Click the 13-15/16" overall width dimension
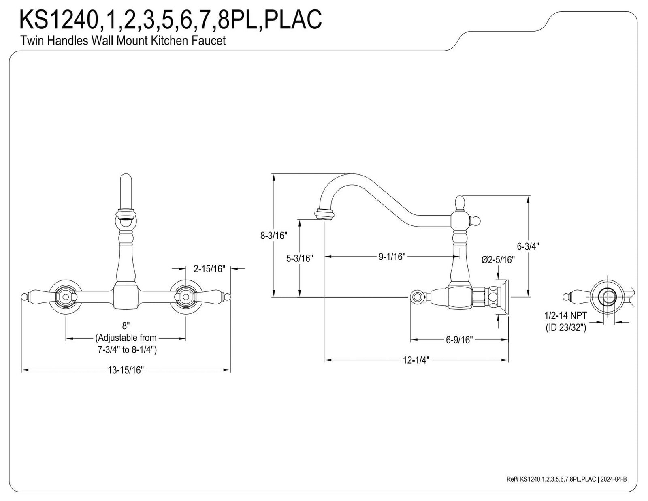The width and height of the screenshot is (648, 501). pyautogui.click(x=126, y=370)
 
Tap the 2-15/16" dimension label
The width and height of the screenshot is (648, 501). pyautogui.click(x=209, y=269)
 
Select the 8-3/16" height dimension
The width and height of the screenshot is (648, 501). pyautogui.click(x=273, y=236)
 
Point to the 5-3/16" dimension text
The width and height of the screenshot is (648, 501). pyautogui.click(x=299, y=258)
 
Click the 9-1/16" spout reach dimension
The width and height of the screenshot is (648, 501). pyautogui.click(x=392, y=256)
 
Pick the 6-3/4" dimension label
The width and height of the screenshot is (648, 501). pyautogui.click(x=528, y=246)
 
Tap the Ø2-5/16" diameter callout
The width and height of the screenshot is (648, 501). pyautogui.click(x=498, y=260)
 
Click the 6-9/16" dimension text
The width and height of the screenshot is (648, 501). pyautogui.click(x=459, y=340)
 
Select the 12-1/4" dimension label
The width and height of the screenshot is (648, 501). pyautogui.click(x=416, y=360)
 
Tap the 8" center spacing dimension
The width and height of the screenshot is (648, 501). pyautogui.click(x=126, y=325)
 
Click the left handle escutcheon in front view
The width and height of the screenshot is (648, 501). pyautogui.click(x=65, y=296)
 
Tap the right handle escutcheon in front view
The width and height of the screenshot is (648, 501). pyautogui.click(x=186, y=296)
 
